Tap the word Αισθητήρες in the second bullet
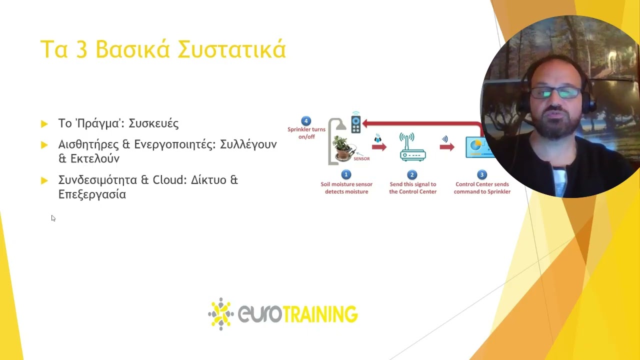(x=88, y=144)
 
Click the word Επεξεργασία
(x=92, y=194)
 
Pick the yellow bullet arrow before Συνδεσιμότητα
(x=44, y=180)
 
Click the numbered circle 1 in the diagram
(x=346, y=174)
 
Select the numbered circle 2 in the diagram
(x=412, y=174)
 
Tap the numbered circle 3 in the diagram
(x=482, y=174)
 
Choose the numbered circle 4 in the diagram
(x=306, y=120)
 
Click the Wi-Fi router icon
(x=412, y=147)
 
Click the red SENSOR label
(x=361, y=159)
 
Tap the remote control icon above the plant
(x=355, y=123)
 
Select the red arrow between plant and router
(x=379, y=147)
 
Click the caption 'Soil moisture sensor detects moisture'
(x=346, y=188)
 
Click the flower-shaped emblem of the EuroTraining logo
(x=220, y=314)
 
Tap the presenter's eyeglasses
(x=555, y=93)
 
